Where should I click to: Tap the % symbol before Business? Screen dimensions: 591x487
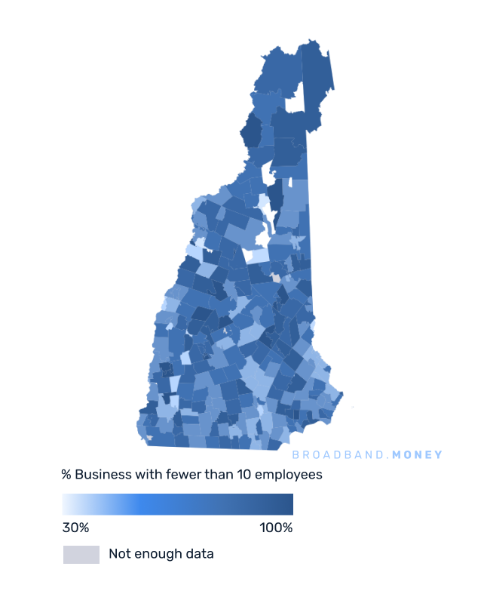coord(66,475)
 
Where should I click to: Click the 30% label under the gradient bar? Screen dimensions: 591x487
coord(75,527)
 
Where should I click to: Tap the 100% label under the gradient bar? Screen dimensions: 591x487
coord(276,527)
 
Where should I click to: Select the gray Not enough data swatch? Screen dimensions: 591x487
coord(81,554)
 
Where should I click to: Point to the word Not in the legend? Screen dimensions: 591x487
coord(118,554)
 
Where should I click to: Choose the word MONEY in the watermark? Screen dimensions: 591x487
coord(418,455)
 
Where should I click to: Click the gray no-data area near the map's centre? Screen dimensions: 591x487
coord(276,279)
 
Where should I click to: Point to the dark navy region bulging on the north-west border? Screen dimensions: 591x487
coord(250,132)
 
